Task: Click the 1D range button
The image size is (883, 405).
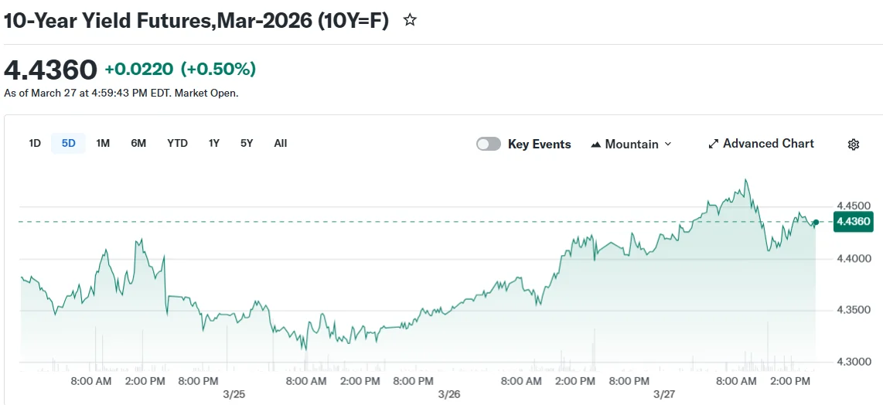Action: tap(35, 143)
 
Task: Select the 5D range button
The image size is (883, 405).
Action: tap(69, 143)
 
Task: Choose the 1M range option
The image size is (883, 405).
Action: tap(103, 143)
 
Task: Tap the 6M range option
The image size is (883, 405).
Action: tap(138, 143)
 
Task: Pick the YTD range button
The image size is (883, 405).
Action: tap(177, 143)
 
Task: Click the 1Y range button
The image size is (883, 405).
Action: tap(214, 143)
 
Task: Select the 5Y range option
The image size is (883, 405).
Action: tap(247, 143)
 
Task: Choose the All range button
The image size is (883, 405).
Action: tap(281, 143)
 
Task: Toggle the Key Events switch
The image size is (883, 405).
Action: tap(489, 144)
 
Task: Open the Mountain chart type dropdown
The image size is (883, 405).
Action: tap(631, 144)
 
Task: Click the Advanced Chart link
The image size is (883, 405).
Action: tap(761, 144)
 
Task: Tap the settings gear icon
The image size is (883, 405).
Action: tap(854, 145)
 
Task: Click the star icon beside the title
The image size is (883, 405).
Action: tap(410, 21)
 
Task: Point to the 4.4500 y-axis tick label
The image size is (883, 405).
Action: tap(854, 206)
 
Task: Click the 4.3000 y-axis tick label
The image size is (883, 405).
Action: tap(854, 362)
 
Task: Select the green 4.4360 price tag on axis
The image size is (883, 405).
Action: tap(854, 222)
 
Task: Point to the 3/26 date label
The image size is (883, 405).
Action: tap(448, 394)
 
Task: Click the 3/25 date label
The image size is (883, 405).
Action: tap(234, 394)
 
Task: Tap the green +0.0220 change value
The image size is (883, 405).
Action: tap(139, 70)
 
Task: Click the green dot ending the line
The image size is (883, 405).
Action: tap(816, 222)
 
